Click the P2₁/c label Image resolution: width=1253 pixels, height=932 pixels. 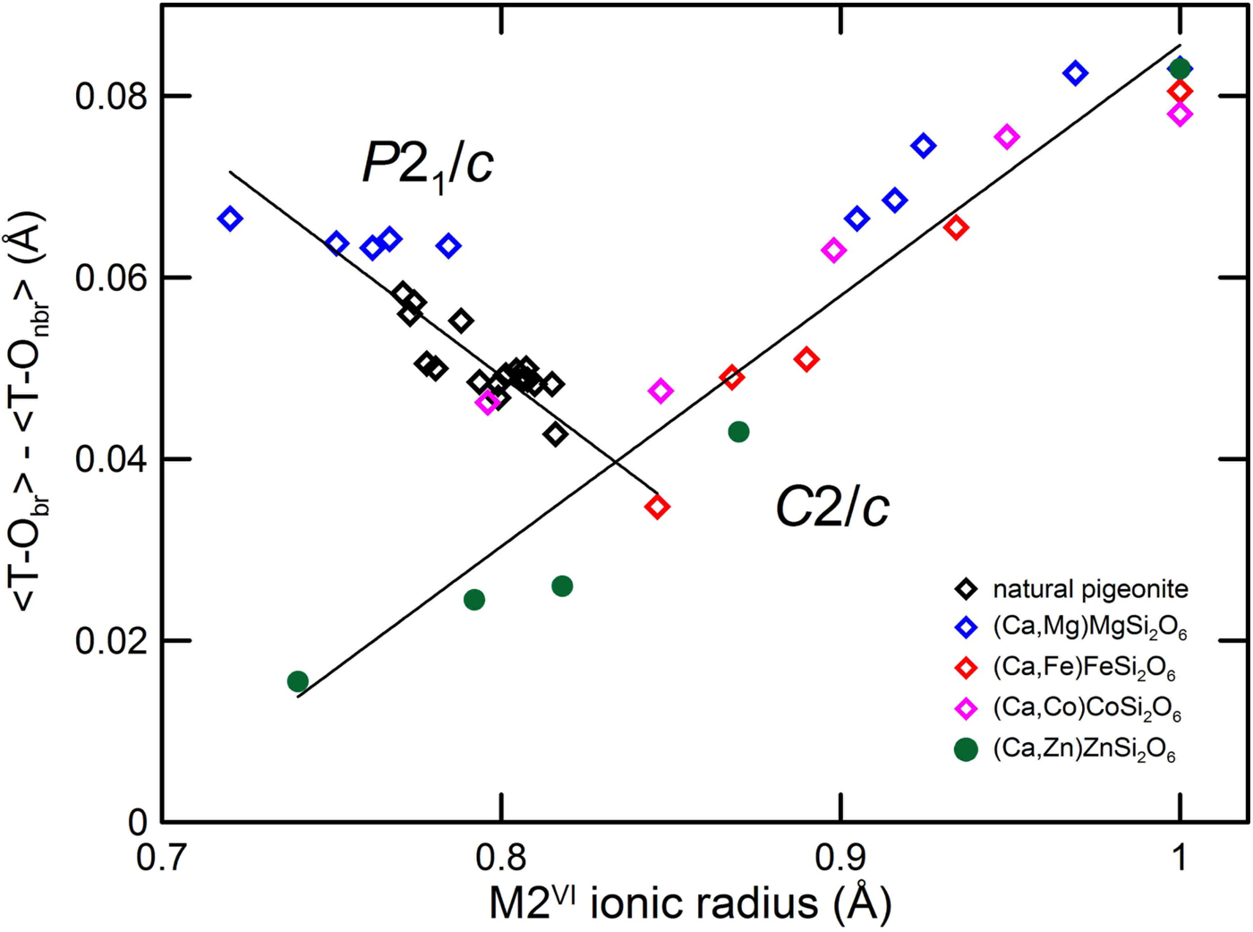pyautogui.click(x=427, y=165)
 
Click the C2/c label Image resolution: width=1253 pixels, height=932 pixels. pyautogui.click(x=831, y=509)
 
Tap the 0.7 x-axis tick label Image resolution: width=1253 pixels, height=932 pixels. pyautogui.click(x=161, y=858)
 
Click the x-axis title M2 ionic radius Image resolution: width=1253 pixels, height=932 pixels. pyautogui.click(x=690, y=902)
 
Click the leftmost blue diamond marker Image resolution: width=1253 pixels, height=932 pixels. pyautogui.click(x=230, y=218)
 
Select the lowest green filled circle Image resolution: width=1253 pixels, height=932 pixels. pyautogui.click(x=298, y=681)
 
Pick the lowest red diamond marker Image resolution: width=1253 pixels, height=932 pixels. pyautogui.click(x=658, y=507)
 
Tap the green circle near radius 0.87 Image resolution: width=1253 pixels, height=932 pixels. pyautogui.click(x=738, y=432)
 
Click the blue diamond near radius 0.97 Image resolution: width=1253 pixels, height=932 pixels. pyautogui.click(x=1075, y=73)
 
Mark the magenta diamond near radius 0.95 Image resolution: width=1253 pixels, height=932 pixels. pyautogui.click(x=1007, y=137)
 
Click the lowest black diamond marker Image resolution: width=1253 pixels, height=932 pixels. pyautogui.click(x=556, y=434)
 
